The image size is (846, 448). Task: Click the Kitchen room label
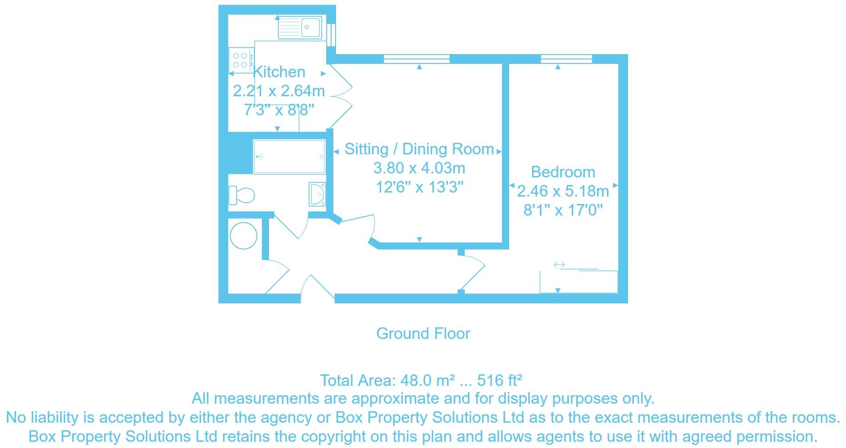tap(279, 72)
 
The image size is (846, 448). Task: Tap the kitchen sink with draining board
tap(300, 28)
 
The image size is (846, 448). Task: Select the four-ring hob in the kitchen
tap(240, 60)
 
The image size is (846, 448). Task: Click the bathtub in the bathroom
tap(289, 157)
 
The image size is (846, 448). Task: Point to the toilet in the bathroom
tap(242, 195)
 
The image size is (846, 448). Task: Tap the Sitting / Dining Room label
tap(419, 149)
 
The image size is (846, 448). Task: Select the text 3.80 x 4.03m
tap(419, 169)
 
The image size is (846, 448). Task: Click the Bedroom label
tap(563, 172)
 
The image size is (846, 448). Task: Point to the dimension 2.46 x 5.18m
tap(563, 191)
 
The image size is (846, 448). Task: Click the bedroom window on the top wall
tap(566, 59)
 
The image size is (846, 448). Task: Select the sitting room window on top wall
tap(416, 59)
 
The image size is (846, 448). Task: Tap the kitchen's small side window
tap(331, 35)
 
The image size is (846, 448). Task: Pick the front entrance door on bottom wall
tap(317, 288)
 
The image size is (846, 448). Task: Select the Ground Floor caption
tap(423, 334)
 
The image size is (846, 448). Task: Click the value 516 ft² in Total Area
tap(499, 381)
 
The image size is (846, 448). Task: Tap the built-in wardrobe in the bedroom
tap(578, 282)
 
